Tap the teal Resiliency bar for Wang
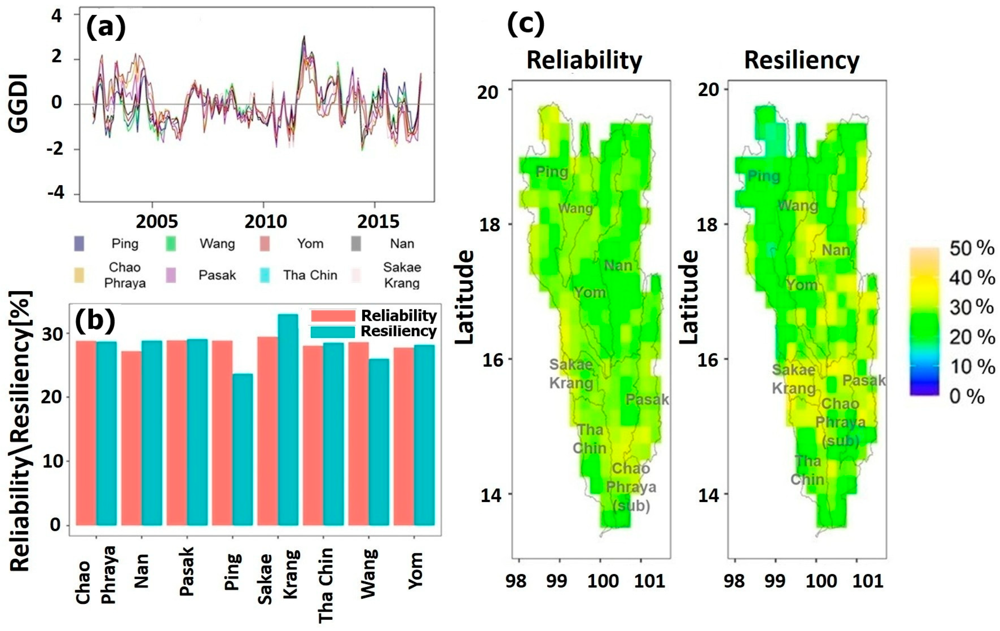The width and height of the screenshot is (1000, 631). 379,442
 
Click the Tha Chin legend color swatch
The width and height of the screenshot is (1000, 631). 264,275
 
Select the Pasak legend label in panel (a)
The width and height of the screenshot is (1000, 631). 217,275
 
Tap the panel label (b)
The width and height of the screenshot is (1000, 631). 95,321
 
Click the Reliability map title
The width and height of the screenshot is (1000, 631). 584,60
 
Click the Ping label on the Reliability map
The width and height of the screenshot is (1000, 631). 551,171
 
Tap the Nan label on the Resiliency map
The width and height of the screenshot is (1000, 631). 836,250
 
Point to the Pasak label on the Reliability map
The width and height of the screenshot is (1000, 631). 647,399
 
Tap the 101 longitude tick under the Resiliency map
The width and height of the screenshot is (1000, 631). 868,580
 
